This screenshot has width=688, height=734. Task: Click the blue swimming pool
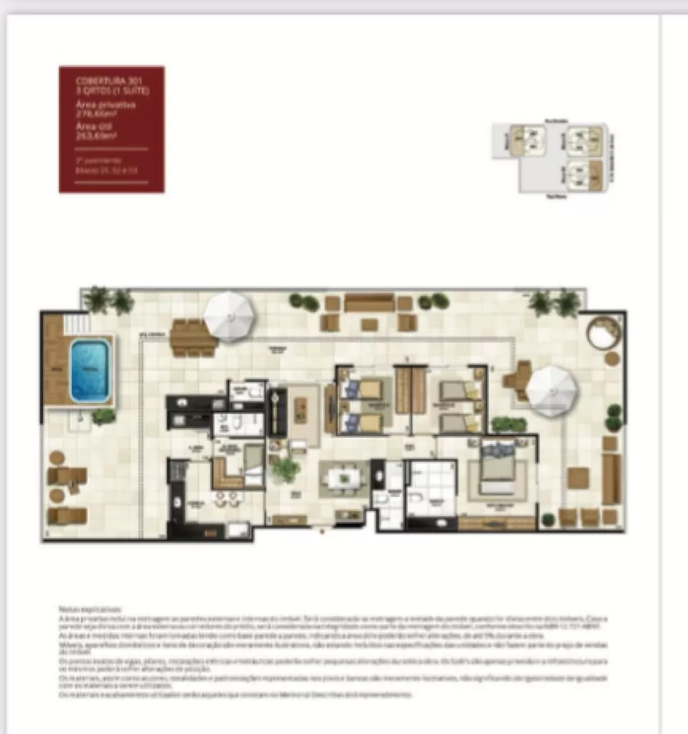click(x=89, y=369)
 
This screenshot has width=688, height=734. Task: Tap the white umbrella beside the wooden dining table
click(x=229, y=316)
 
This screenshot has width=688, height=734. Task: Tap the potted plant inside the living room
click(x=286, y=468)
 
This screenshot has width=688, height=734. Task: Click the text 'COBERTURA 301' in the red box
click(x=99, y=79)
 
